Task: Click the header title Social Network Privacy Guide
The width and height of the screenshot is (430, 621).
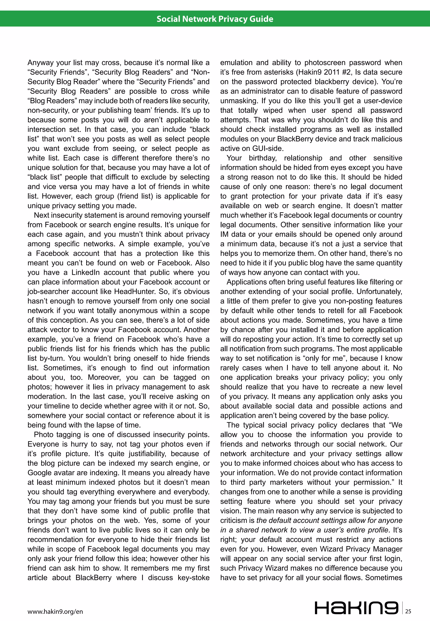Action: [215, 19]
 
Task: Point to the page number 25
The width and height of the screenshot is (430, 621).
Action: [408, 611]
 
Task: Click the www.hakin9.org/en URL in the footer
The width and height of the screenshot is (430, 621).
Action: [55, 612]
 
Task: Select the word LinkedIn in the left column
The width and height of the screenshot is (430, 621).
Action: [85, 272]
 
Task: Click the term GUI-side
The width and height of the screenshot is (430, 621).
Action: [267, 149]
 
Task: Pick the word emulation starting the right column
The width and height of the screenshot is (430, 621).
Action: [236, 63]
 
